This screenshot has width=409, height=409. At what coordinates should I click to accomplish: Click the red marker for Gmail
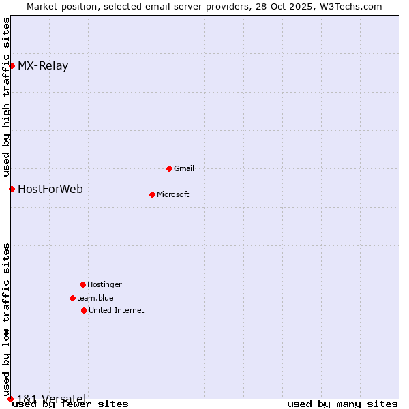tap(169, 168)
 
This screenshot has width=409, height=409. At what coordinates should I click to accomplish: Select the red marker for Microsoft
tap(152, 194)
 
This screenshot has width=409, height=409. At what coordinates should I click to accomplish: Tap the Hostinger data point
tap(82, 284)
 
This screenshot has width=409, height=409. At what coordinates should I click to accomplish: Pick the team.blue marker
tap(72, 298)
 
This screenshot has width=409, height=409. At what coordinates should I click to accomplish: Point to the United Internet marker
tap(84, 310)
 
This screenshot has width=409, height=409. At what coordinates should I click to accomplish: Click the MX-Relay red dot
tap(12, 65)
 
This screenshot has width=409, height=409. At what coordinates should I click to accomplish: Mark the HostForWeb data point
tap(12, 189)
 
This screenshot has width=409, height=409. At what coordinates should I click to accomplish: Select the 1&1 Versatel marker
tap(10, 399)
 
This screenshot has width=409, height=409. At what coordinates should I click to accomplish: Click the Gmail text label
tap(184, 168)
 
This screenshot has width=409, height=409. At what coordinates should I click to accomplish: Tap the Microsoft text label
tap(173, 194)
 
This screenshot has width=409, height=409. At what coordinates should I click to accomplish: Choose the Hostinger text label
tap(104, 284)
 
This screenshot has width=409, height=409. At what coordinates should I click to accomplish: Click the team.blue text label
tap(95, 298)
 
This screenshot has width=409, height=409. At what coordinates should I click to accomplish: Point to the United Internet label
tap(117, 310)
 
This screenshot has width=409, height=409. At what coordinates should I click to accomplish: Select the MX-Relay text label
tap(43, 66)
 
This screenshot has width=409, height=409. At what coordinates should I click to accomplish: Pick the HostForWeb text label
tap(50, 189)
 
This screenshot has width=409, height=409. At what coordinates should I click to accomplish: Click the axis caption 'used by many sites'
tap(342, 404)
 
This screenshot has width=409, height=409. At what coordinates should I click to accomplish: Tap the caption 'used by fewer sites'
tap(71, 404)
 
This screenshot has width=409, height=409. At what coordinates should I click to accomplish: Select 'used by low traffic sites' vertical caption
tap(7, 320)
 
